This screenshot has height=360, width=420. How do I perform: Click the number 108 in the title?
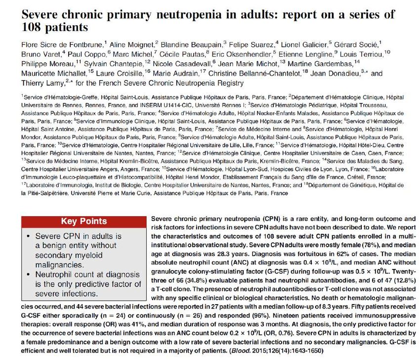35,26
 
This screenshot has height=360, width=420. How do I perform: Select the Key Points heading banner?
83,222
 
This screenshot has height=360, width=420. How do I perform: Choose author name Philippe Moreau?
47,64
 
